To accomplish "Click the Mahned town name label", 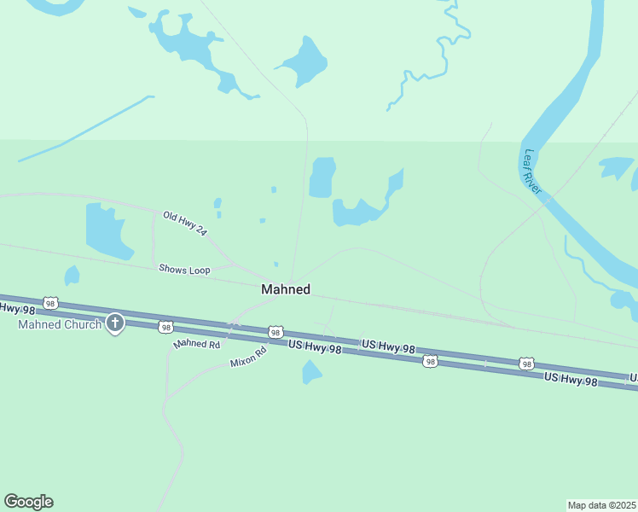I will pyautogui.click(x=285, y=290).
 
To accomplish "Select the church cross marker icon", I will pyautogui.click(x=114, y=323).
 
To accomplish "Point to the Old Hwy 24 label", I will pyautogui.click(x=185, y=224).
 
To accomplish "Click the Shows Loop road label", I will pyautogui.click(x=184, y=270).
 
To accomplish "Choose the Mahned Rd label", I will pyautogui.click(x=197, y=344).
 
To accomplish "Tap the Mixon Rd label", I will pyautogui.click(x=248, y=357).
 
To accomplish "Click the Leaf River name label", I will pyautogui.click(x=532, y=172).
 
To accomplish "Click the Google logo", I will pyautogui.click(x=29, y=502).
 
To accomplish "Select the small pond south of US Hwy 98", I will pyautogui.click(x=311, y=371).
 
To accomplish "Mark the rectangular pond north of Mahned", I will pyautogui.click(x=322, y=177).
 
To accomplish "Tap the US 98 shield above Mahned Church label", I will pyautogui.click(x=51, y=303).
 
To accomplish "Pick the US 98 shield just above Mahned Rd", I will pyautogui.click(x=165, y=327).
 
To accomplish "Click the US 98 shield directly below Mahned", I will pyautogui.click(x=274, y=332).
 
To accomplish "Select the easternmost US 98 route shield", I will pyautogui.click(x=526, y=364).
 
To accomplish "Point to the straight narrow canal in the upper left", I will pyautogui.click(x=85, y=128).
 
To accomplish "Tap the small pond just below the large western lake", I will pyautogui.click(x=72, y=276).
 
